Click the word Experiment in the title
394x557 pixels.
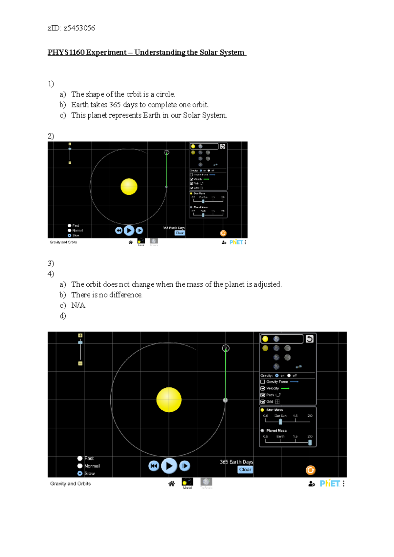pyautogui.click(x=106, y=52)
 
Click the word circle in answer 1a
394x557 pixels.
pyautogui.click(x=165, y=94)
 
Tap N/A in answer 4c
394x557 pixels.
pyautogui.click(x=78, y=305)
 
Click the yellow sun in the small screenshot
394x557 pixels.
pyautogui.click(x=129, y=187)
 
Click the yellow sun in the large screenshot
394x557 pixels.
pyautogui.click(x=169, y=400)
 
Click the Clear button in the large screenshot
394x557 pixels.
pyautogui.click(x=245, y=470)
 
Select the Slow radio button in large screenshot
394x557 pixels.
pyautogui.click(x=80, y=473)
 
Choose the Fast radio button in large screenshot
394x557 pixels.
pyautogui.click(x=80, y=458)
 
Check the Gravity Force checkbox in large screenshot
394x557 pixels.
pyautogui.click(x=263, y=382)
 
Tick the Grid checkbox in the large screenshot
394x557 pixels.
pyautogui.click(x=263, y=402)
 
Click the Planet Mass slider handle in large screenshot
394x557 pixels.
pyautogui.click(x=310, y=443)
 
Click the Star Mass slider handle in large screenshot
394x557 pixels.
pyautogui.click(x=280, y=422)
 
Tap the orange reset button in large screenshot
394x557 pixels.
pyautogui.click(x=310, y=470)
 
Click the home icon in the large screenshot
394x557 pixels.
pyautogui.click(x=171, y=484)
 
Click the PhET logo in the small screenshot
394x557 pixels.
pyautogui.click(x=236, y=242)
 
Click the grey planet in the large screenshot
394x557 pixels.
pyautogui.click(x=225, y=400)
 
